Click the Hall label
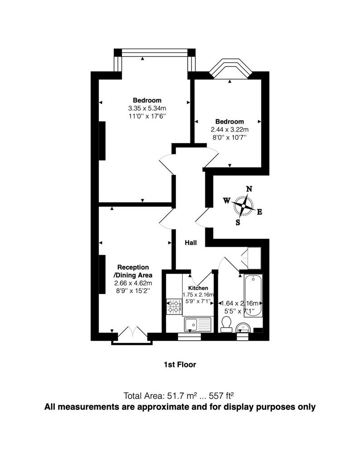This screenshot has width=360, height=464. coord(191,243)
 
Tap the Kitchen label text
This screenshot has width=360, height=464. coord(198,288)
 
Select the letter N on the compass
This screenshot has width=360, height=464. coord(249,189)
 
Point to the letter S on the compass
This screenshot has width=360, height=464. coord(238,222)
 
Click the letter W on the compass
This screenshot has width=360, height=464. coord(227,201)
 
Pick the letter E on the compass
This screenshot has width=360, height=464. coord(259,212)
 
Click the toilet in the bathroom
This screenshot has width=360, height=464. coord(227,324)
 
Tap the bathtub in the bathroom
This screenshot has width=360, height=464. coord(253,296)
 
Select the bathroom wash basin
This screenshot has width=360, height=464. coord(243,328)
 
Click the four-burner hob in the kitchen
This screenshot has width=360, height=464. coord(175,307)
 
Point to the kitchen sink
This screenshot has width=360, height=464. coord(198,325)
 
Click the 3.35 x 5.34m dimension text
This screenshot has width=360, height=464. coord(147,108)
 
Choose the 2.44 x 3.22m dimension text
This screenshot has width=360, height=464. coord(230,130)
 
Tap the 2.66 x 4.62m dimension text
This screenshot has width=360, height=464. coord(133,283)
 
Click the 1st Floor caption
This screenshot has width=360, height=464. coord(180,365)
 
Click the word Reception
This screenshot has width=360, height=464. coord(133,267)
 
